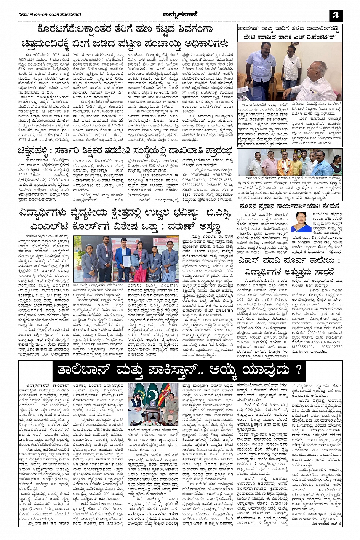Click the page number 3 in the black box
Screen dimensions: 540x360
tap(336, 15)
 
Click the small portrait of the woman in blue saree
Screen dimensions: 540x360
tap(301, 222)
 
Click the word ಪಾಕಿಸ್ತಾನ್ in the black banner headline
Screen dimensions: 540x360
tap(183, 369)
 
